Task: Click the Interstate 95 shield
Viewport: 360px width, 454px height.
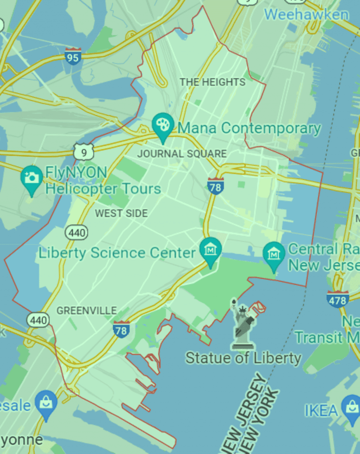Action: (73, 56)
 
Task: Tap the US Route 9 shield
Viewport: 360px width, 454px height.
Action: (83, 151)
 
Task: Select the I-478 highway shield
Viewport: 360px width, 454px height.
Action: (337, 299)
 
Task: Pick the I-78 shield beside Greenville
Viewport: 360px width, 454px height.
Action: (121, 330)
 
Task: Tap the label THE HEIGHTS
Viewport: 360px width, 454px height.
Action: (212, 82)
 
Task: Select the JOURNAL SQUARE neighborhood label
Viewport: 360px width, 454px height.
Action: (182, 154)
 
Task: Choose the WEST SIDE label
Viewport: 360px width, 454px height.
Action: (121, 214)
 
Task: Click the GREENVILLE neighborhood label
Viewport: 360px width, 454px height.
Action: (87, 311)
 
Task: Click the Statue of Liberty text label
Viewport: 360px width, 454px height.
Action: (243, 358)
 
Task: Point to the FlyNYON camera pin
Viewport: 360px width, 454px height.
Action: (32, 179)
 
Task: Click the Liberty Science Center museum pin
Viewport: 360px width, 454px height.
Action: (210, 250)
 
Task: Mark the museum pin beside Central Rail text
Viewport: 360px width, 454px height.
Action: (274, 254)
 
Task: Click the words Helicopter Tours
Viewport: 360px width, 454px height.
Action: (103, 189)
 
